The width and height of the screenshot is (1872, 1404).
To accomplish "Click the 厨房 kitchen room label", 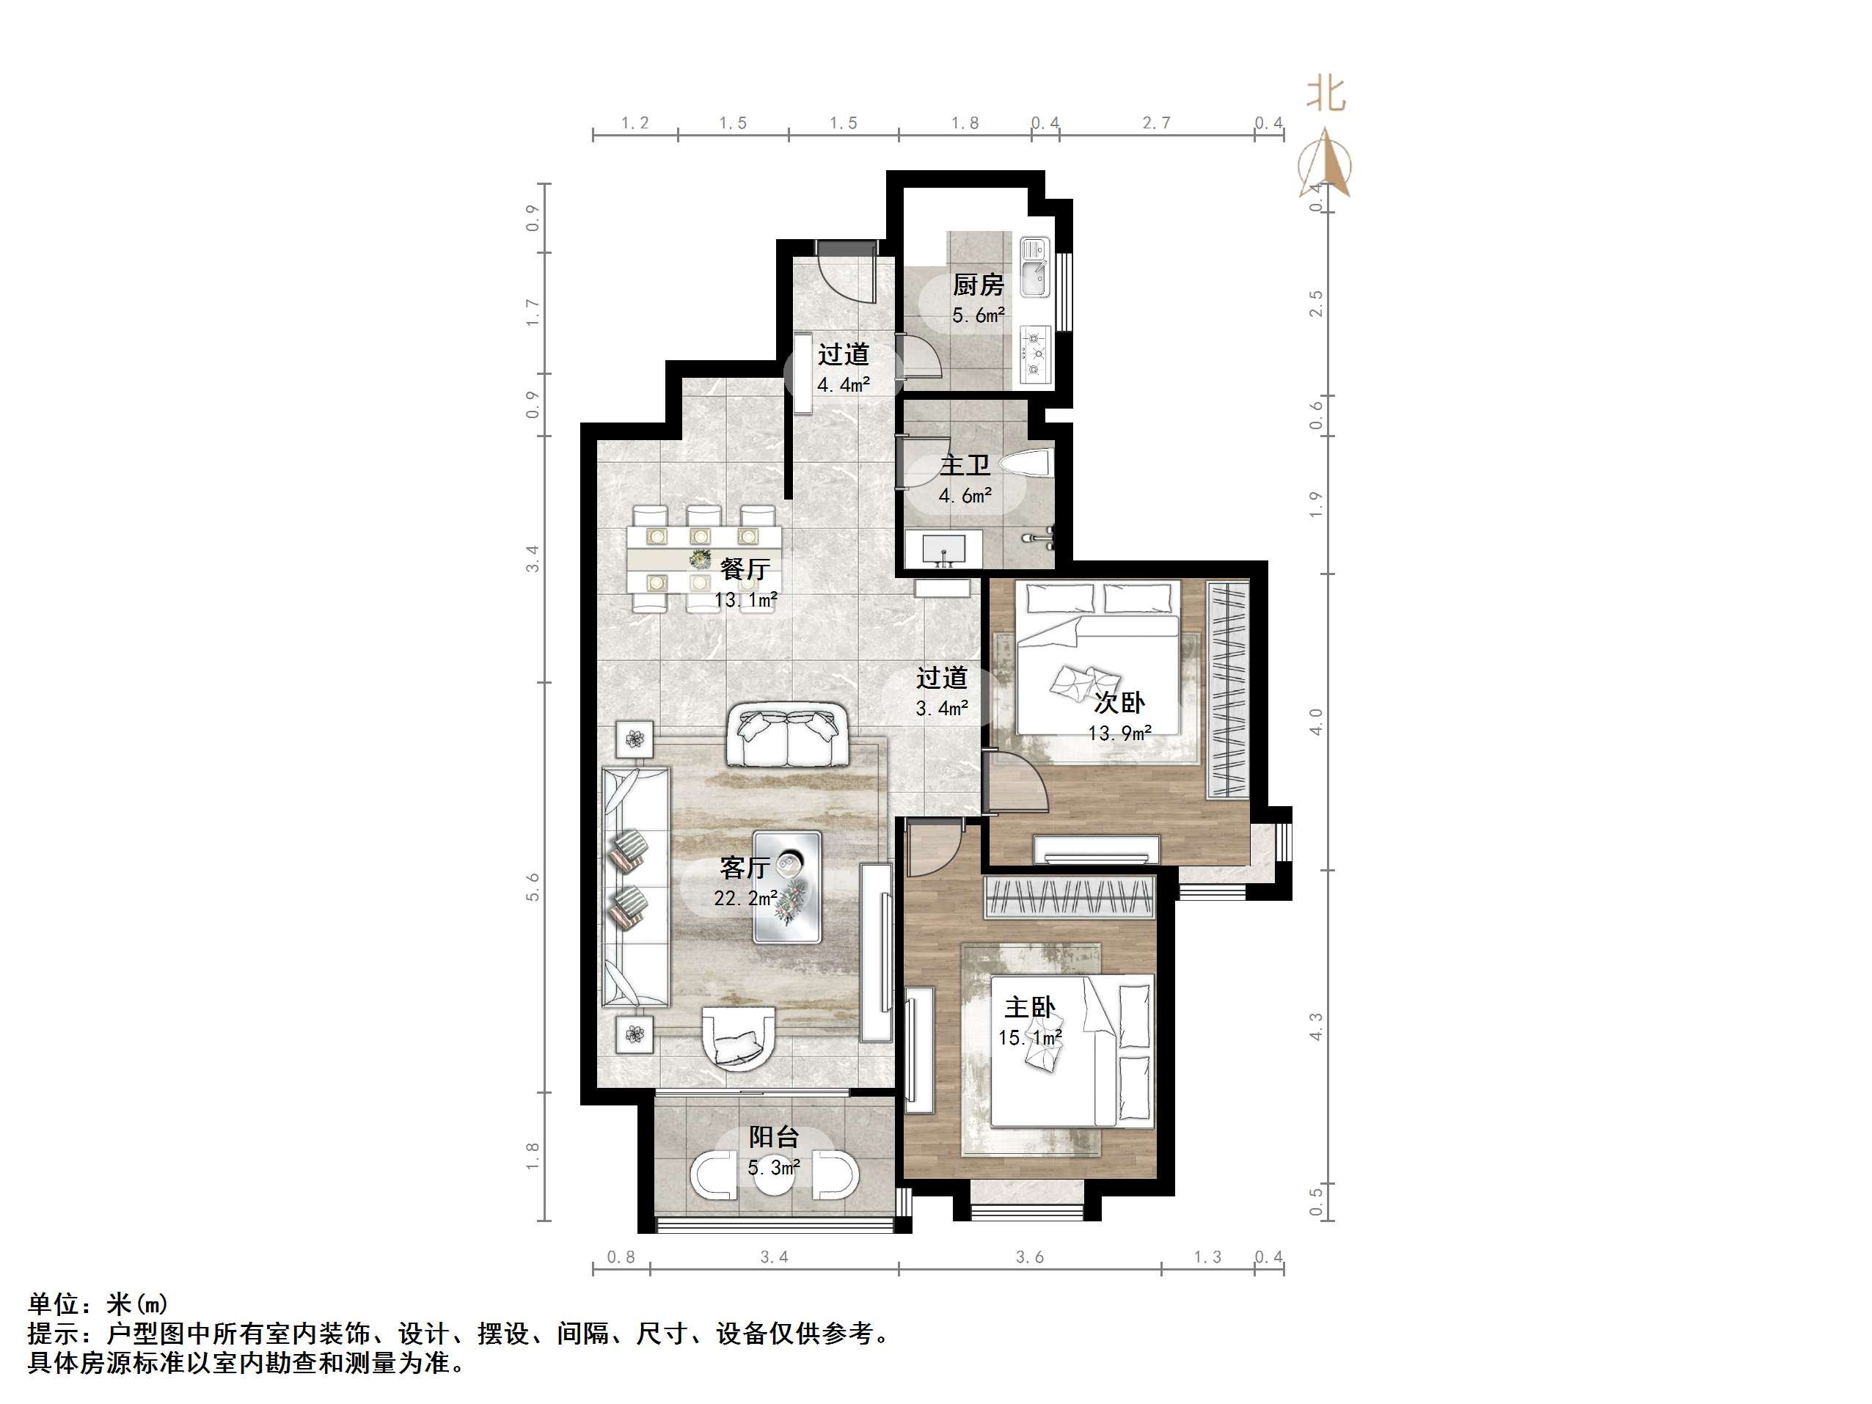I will click(x=978, y=285).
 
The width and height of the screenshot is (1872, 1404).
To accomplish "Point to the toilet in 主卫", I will click(x=1025, y=464).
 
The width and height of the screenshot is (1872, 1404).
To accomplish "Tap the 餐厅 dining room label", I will click(x=745, y=569).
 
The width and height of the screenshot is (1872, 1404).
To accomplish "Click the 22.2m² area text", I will click(x=745, y=898).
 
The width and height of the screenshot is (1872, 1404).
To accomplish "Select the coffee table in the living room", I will click(x=788, y=887).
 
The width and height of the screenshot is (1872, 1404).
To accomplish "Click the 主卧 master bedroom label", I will click(x=1030, y=1007).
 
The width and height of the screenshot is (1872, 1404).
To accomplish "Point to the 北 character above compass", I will click(x=1326, y=95).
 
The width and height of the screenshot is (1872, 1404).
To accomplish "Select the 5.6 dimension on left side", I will click(x=533, y=887).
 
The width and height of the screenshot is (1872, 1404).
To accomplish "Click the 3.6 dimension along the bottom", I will click(x=1030, y=1257).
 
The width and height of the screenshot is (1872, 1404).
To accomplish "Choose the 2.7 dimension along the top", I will click(x=1156, y=123).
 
